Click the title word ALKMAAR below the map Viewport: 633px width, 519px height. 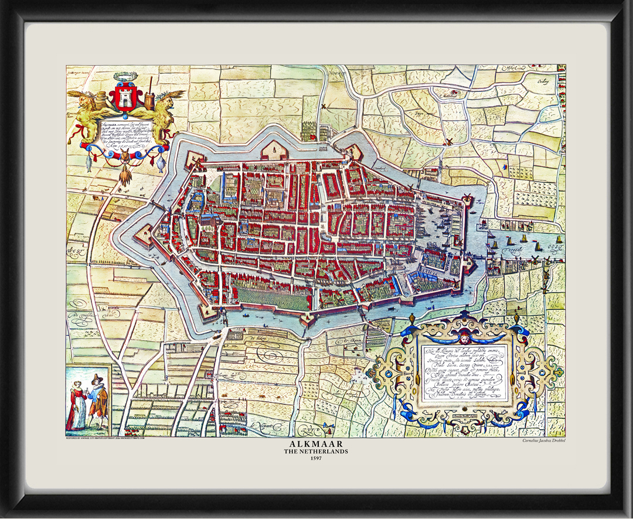316,445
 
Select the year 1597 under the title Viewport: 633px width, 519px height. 316,458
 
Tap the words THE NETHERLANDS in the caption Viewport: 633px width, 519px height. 316,452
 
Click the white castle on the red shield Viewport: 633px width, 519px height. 124,98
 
